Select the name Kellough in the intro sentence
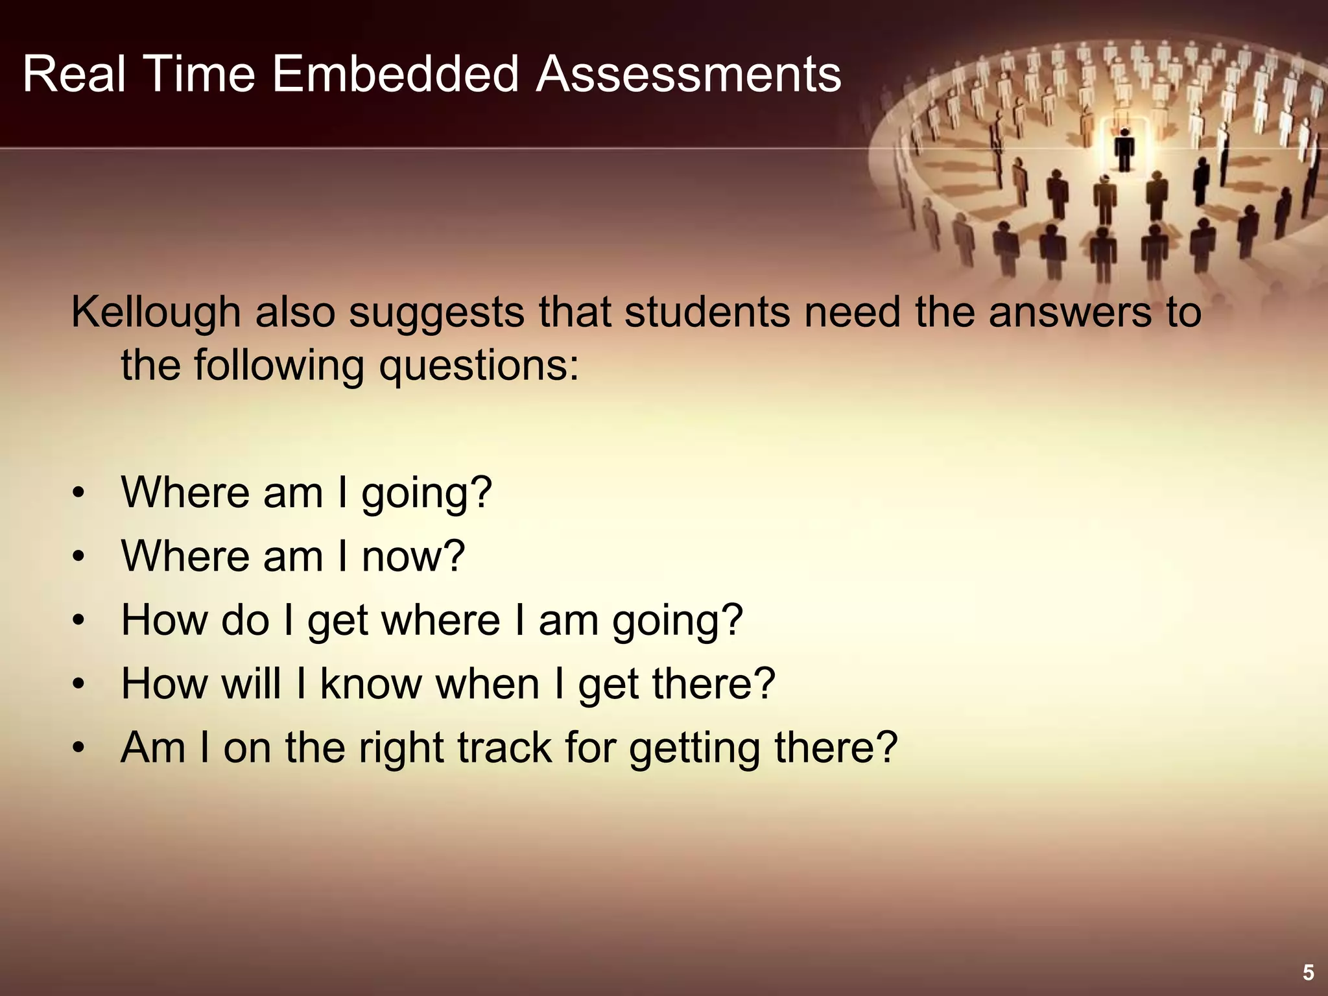click(156, 312)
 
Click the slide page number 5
click(1308, 973)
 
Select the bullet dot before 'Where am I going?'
click(78, 493)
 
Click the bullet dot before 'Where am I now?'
click(78, 557)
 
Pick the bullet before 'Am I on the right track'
click(78, 749)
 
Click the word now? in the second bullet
click(413, 557)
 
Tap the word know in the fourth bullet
click(371, 683)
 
